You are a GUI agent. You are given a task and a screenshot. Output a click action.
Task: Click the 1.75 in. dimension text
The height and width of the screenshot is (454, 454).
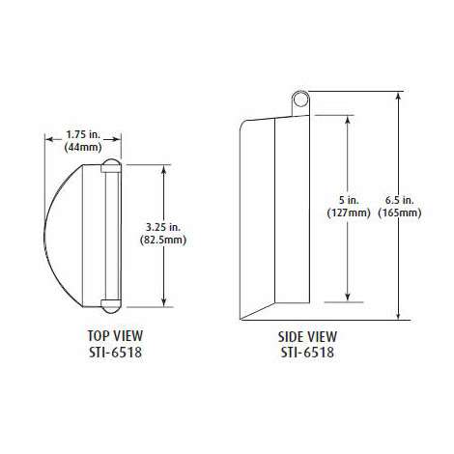[83, 134]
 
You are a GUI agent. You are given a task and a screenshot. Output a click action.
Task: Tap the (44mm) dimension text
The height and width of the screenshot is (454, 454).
[83, 148]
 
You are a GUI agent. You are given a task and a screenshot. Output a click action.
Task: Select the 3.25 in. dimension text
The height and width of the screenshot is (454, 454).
[163, 227]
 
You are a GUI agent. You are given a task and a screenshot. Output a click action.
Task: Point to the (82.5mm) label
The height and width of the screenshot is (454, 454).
[163, 240]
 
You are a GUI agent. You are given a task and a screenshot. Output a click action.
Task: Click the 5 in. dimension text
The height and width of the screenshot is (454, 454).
[349, 200]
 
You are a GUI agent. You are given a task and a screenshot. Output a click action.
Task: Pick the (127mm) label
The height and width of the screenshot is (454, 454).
[349, 213]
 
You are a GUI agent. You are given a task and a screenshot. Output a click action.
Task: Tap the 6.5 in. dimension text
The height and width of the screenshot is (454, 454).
[399, 200]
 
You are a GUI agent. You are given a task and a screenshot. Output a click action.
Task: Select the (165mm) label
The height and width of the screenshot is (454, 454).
[400, 213]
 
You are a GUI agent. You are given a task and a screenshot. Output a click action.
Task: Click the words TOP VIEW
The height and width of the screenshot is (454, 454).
[115, 336]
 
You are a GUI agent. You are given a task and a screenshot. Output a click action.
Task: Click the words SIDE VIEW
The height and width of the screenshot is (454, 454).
[307, 337]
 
